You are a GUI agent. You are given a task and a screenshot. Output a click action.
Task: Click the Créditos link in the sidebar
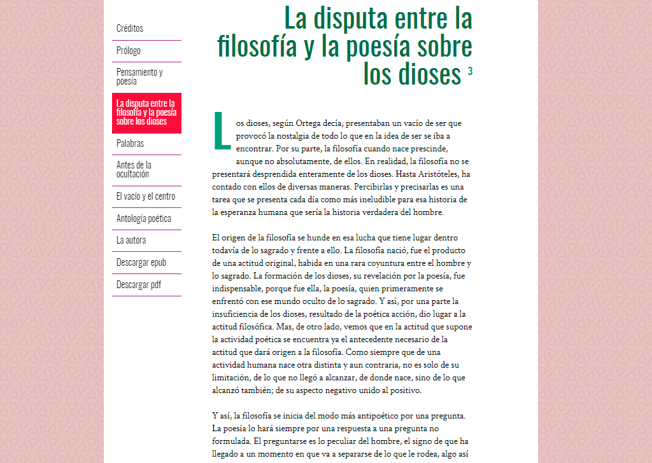point(130,29)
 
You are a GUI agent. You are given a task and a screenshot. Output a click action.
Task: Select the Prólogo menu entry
point(129,51)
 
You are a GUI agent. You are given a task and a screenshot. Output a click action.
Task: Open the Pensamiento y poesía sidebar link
point(139,76)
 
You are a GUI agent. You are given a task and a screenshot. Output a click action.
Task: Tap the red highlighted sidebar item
point(146,112)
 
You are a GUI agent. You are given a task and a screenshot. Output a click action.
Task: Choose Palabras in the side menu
point(131,144)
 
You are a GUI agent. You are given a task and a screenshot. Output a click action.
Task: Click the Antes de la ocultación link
point(134,169)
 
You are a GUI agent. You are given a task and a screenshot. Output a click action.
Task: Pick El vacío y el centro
point(146,197)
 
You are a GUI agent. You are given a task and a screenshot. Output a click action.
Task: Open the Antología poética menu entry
point(144,219)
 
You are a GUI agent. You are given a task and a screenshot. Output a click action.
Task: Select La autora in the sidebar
point(131,240)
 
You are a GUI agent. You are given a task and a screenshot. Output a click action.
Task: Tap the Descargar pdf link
point(139,285)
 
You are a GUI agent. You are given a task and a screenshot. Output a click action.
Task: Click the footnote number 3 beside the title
point(470,72)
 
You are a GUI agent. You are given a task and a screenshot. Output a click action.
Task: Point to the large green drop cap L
point(222,131)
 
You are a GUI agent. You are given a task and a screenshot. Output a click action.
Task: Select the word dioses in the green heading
point(420,74)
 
